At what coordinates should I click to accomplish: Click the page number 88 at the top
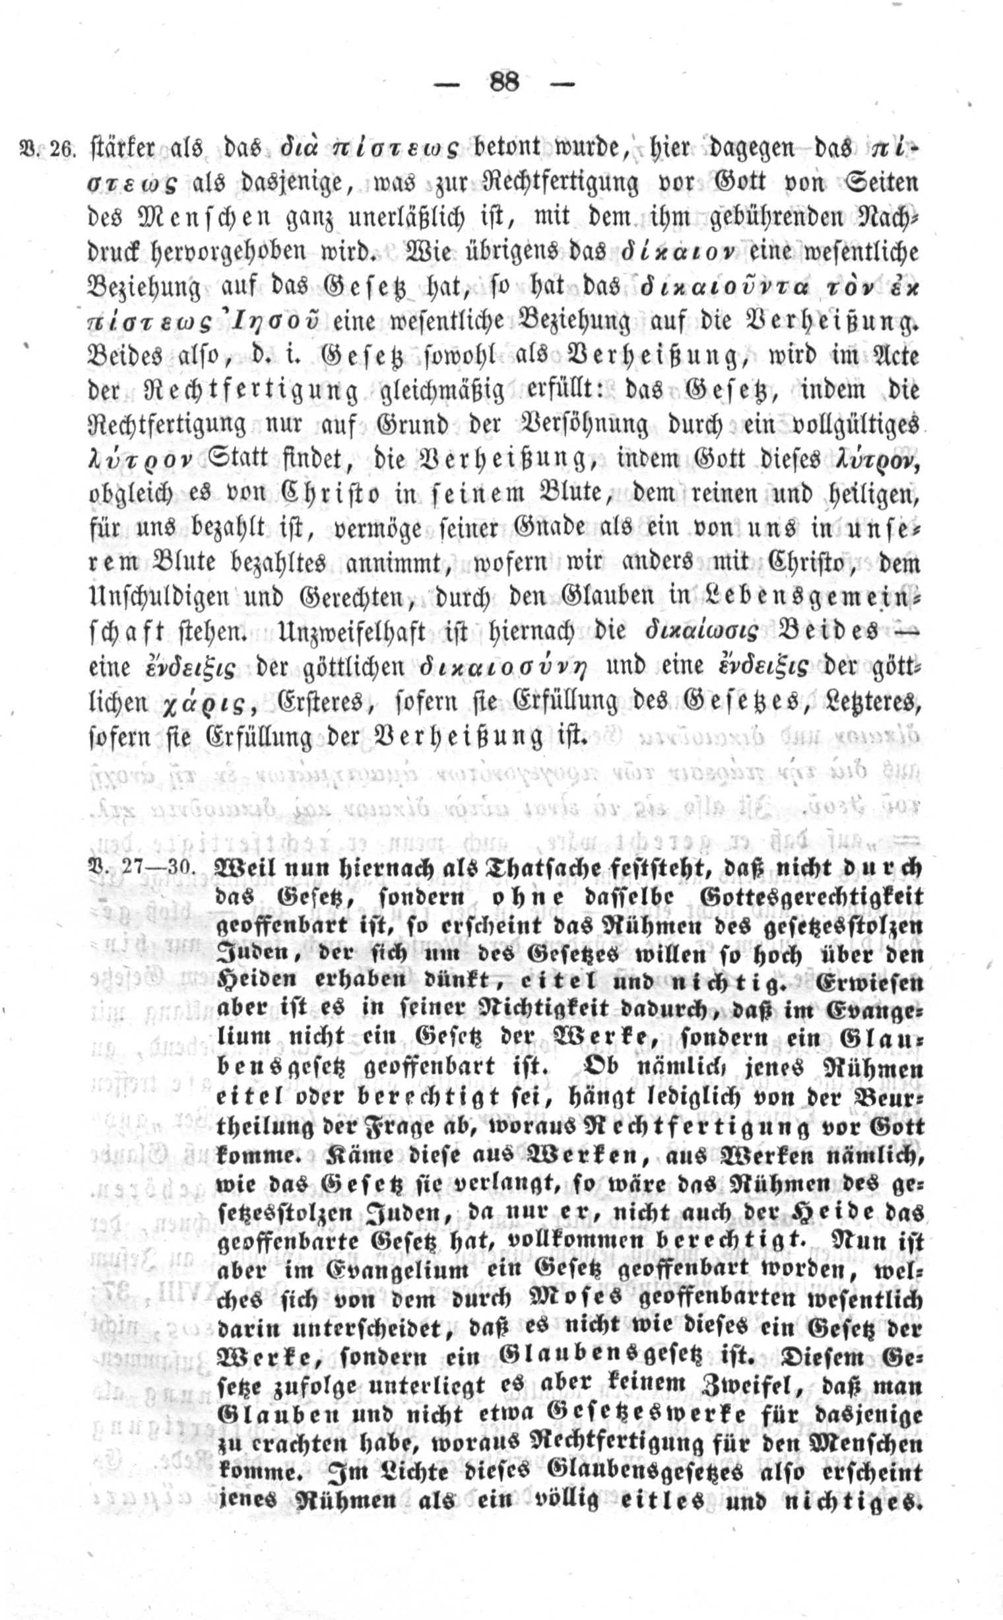point(504,82)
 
